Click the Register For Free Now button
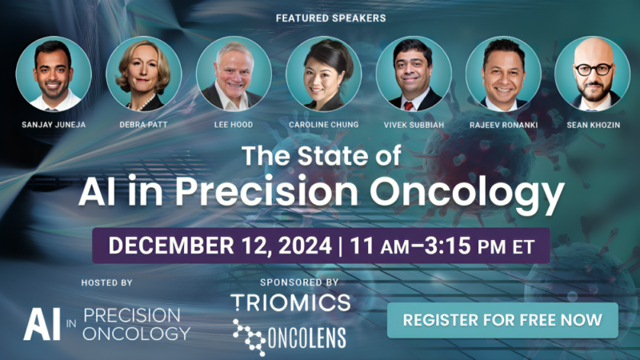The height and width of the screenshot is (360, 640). [x=502, y=320]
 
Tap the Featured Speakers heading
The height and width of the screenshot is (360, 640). [x=319, y=18]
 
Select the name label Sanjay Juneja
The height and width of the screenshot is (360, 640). [x=53, y=126]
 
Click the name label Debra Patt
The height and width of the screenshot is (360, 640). [x=143, y=126]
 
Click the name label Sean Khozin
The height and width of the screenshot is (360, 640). [x=593, y=126]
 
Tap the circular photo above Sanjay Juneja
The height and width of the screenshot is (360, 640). [x=53, y=74]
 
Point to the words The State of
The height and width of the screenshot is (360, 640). [x=319, y=156]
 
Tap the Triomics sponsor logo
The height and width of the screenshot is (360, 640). [x=290, y=302]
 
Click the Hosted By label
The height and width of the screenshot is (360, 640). [x=106, y=282]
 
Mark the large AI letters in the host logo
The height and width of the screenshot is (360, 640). [x=38, y=322]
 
